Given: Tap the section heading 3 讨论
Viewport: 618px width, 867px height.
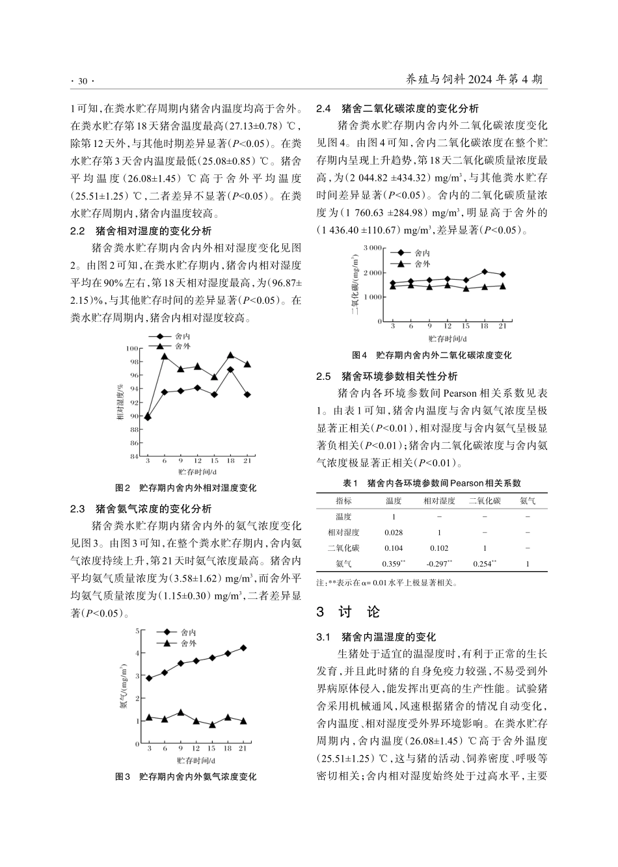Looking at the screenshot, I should tap(347, 612).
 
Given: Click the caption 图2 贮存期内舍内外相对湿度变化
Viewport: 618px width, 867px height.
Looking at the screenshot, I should tap(185, 488).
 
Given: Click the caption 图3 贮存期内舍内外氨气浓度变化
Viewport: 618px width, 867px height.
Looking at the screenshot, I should tap(185, 777).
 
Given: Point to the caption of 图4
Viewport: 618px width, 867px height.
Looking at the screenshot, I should tap(431, 355).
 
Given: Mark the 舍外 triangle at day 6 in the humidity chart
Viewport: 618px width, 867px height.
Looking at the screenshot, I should tap(165, 356).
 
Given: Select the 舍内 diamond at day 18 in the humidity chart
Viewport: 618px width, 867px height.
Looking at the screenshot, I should tap(230, 369).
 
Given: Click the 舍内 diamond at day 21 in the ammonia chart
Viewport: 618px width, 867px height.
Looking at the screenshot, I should tap(243, 648).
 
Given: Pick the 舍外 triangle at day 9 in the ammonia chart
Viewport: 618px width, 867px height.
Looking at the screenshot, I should tap(181, 713).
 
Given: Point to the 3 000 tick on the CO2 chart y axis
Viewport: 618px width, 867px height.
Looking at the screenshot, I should tap(372, 248).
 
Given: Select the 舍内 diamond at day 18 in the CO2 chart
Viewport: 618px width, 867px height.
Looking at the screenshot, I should tap(484, 272).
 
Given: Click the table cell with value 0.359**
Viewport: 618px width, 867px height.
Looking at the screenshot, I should tap(394, 564).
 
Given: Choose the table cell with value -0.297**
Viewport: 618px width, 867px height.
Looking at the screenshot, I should tap(439, 564).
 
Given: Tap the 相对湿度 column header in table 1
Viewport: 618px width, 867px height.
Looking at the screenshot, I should tap(439, 501).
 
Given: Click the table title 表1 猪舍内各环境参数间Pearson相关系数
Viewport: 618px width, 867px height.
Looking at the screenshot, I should tap(431, 483).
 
